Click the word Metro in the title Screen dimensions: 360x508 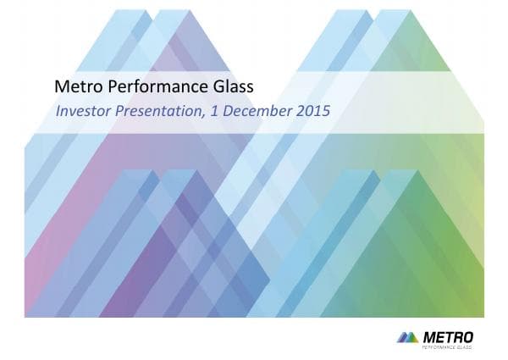point(74,86)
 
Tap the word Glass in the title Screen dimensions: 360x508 point(230,86)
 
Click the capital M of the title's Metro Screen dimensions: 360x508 point(60,86)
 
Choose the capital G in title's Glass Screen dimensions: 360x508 point(211,86)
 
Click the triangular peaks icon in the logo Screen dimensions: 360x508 point(406,337)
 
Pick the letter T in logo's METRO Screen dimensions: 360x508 point(444,336)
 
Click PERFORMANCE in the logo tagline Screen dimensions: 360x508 point(440,346)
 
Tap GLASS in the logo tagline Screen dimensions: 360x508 point(466,346)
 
